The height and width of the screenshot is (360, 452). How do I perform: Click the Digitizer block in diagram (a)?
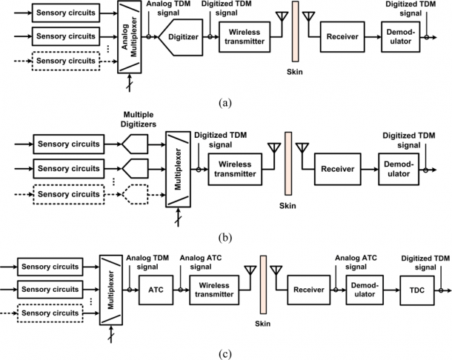coord(181,37)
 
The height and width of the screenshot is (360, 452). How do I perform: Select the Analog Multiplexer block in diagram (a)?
coord(130,37)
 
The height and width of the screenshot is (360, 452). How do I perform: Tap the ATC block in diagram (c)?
coord(156,290)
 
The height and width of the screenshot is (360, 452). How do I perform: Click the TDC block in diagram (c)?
coord(417,290)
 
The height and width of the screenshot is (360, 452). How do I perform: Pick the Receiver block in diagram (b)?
coord(338,169)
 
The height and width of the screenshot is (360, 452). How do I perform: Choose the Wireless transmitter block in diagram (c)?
coord(214,290)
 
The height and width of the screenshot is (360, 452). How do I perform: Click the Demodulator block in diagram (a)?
coord(400,36)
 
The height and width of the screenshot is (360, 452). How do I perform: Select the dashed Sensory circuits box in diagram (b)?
coord(69,194)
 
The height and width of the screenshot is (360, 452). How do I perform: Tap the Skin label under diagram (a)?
coord(295,71)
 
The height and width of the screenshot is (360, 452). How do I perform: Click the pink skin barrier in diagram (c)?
coord(263,284)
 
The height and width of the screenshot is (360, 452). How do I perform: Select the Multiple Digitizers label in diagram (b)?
coord(139,119)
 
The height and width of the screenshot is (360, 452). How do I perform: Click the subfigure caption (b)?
coord(225,238)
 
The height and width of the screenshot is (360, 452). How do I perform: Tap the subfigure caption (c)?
coord(225,353)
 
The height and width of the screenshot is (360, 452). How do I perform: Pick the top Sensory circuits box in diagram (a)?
coord(66,13)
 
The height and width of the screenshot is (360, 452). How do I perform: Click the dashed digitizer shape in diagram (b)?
coord(135,194)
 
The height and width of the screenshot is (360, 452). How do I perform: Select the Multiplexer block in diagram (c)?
coord(111,290)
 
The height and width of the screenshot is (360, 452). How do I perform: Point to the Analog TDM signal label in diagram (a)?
coord(168,8)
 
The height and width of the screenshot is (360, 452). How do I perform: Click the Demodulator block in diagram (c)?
coord(365,290)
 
